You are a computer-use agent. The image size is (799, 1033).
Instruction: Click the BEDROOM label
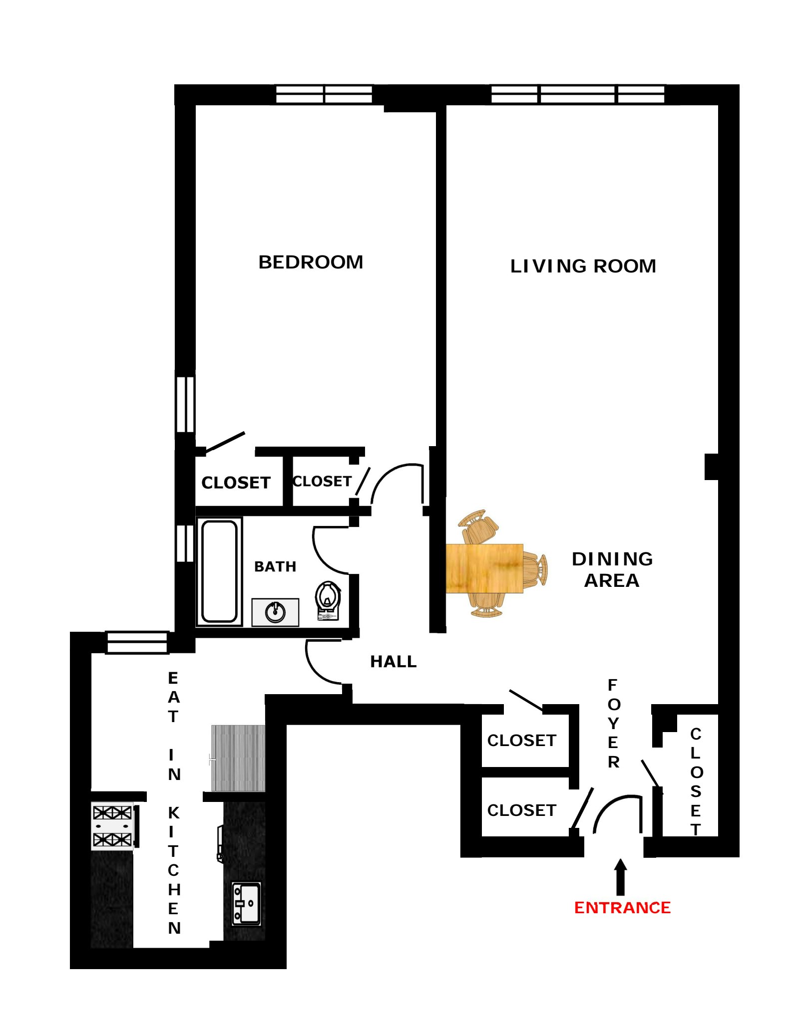click(x=310, y=262)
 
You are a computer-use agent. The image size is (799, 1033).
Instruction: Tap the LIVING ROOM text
click(x=582, y=266)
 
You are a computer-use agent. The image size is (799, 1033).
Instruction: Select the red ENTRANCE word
click(x=622, y=907)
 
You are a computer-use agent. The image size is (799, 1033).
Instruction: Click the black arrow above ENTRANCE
click(x=620, y=877)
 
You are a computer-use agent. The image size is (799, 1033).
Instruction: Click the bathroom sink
click(x=275, y=612)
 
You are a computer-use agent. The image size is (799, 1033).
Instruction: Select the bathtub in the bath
click(x=219, y=571)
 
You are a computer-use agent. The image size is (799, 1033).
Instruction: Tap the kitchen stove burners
click(x=112, y=825)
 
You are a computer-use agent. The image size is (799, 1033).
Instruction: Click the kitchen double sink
click(x=246, y=903)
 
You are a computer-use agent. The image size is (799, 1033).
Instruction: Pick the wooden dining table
click(x=484, y=568)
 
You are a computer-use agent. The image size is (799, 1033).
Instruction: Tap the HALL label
click(x=393, y=662)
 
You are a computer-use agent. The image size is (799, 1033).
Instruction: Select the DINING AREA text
click(x=612, y=569)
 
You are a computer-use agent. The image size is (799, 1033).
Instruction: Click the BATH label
click(x=275, y=566)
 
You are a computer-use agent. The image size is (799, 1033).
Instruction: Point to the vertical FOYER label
click(x=613, y=723)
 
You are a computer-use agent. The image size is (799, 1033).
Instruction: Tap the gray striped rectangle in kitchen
click(x=238, y=758)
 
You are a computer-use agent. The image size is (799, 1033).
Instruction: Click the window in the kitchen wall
click(x=137, y=643)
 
